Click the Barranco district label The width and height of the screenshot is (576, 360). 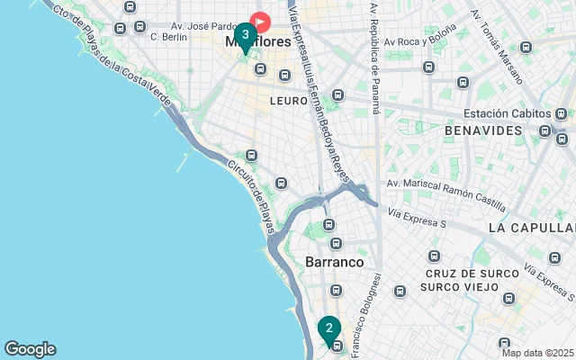[x=335, y=263]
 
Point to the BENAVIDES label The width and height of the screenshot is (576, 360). [x=483, y=130]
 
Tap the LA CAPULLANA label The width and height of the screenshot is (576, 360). [x=531, y=229]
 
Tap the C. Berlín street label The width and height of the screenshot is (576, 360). [x=168, y=37]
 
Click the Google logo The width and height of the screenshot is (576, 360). [x=30, y=349]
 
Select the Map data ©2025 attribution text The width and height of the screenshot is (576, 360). [x=537, y=353]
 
